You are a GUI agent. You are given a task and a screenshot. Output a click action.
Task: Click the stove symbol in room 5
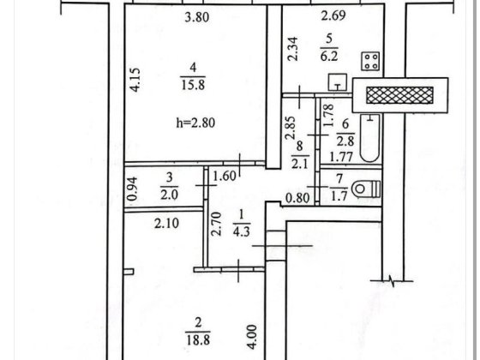pyautogui.click(x=370, y=61)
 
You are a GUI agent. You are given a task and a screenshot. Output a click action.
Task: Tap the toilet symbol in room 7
pyautogui.click(x=366, y=189)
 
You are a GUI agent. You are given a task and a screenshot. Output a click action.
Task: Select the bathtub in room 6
pyautogui.click(x=369, y=138)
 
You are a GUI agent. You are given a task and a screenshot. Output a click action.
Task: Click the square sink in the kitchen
pyautogui.click(x=338, y=82)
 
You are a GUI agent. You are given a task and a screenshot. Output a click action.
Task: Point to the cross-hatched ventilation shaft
pyautogui.click(x=399, y=95)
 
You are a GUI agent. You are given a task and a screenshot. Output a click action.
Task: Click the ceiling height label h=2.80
pyautogui.click(x=195, y=123)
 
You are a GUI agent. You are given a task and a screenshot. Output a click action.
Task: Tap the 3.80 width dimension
pyautogui.click(x=197, y=17)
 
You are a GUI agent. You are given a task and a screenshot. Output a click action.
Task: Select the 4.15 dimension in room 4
pyautogui.click(x=135, y=80)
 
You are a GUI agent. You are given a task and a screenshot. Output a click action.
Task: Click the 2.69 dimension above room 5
pyautogui.click(x=333, y=15)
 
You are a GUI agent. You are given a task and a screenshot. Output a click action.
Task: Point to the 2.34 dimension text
pyautogui.click(x=293, y=49)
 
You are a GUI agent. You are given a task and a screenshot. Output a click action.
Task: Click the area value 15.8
pyautogui.click(x=193, y=84)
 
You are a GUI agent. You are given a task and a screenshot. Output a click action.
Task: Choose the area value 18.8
pyautogui.click(x=198, y=339)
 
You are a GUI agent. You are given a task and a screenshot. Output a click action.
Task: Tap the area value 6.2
pyautogui.click(x=329, y=56)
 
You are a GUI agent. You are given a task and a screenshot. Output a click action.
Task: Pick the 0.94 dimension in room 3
pyautogui.click(x=133, y=189)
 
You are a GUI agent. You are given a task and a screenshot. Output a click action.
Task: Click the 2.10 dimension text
pyautogui.click(x=166, y=224)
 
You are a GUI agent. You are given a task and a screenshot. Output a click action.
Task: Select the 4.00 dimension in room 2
pyautogui.click(x=252, y=337)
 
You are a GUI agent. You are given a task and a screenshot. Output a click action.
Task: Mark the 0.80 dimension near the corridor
pyautogui.click(x=297, y=198)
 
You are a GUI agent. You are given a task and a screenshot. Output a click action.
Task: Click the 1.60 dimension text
pyautogui.click(x=225, y=176)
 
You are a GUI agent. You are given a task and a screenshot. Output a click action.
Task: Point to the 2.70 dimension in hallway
pyautogui.click(x=216, y=224)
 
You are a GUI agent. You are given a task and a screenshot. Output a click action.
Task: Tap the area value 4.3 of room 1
pyautogui.click(x=241, y=231)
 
